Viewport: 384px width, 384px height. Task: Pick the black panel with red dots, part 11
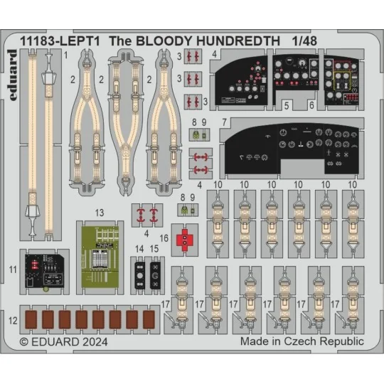point(46,269)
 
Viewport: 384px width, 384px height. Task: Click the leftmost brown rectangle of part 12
point(31,320)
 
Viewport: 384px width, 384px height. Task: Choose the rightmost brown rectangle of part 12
point(149,320)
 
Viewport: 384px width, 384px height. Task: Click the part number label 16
point(164,239)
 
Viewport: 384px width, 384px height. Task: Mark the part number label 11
point(14,269)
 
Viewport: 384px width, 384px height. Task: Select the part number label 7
point(223,122)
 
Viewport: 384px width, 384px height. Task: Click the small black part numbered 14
point(140,272)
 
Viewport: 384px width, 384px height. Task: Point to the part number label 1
point(65,54)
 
